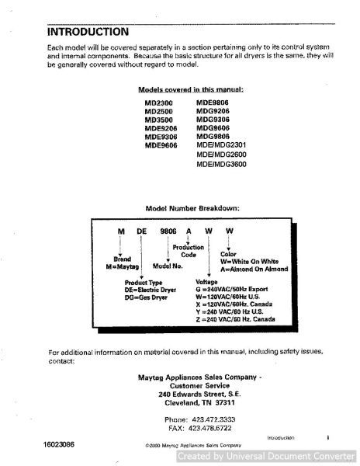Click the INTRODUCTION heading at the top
tap(88, 33)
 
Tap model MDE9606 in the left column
tap(160, 144)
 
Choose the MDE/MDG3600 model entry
tap(221, 165)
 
